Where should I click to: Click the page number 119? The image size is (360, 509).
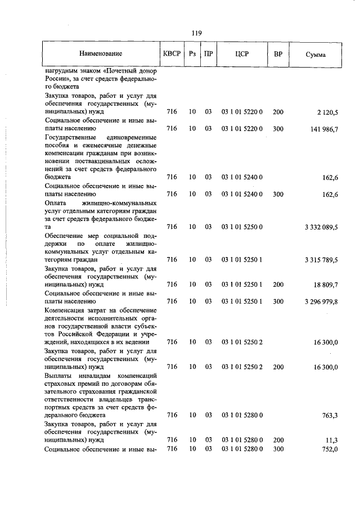[196, 33]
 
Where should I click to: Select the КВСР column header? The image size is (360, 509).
[171, 54]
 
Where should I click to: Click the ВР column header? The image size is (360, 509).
[278, 54]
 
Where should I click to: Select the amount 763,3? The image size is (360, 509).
[329, 415]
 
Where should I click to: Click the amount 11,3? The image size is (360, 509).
[331, 440]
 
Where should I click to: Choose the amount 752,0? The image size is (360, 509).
[329, 448]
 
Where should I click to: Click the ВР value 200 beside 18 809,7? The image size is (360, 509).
[278, 285]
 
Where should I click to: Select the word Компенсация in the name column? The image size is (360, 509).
[64, 310]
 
